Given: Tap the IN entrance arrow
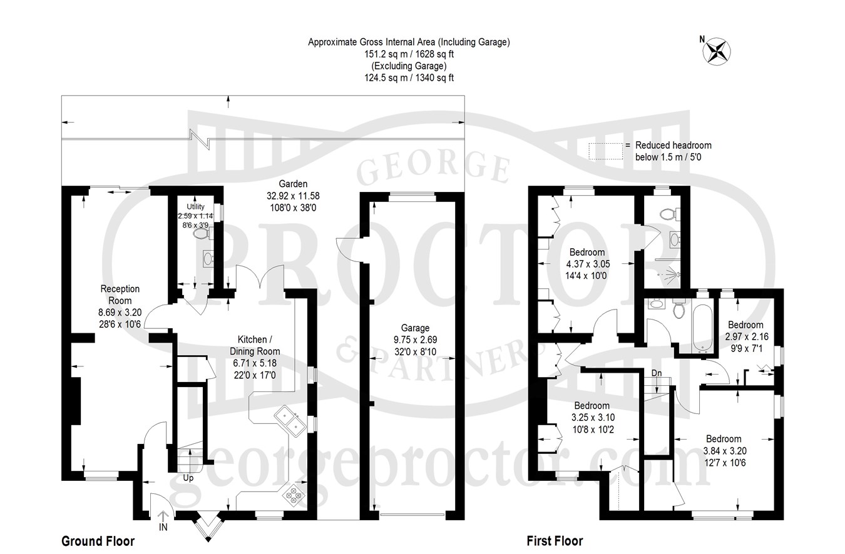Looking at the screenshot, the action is [x=163, y=516].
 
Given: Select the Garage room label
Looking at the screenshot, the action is [x=415, y=328].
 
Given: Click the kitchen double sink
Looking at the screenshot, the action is [x=290, y=421].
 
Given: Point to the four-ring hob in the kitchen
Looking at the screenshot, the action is [x=294, y=495].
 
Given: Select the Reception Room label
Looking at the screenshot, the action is [x=120, y=295].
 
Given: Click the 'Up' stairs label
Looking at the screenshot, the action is [x=188, y=478].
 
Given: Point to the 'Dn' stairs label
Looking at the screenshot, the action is [x=657, y=373].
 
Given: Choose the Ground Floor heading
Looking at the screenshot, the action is [x=98, y=541].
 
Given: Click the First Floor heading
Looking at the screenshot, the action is [x=555, y=541].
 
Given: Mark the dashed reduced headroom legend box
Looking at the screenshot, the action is [x=606, y=151].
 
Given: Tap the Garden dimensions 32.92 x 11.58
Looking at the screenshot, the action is [x=293, y=196].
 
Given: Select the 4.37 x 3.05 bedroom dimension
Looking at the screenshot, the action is [x=588, y=264].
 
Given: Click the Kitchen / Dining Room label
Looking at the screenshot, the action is [x=255, y=345].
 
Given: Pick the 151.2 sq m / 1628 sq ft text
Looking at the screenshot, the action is [x=409, y=54].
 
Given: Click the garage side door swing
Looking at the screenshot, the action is [x=348, y=250].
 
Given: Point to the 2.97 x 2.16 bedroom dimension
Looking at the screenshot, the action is [x=745, y=336].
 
